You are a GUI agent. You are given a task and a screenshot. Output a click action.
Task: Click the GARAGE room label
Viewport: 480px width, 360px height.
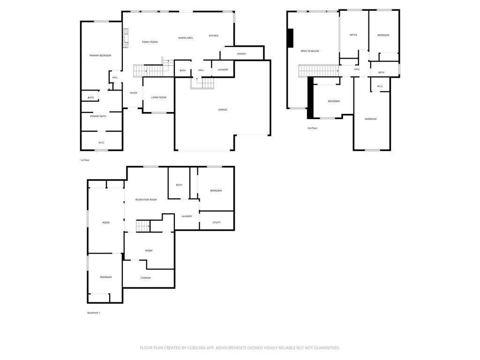click(223, 110)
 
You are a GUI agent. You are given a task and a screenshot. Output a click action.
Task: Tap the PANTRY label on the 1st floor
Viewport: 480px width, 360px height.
click(241, 54)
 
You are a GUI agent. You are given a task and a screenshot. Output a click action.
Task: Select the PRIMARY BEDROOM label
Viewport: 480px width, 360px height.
click(100, 56)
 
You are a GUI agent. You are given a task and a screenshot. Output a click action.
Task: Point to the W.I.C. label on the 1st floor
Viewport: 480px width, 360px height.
click(101, 142)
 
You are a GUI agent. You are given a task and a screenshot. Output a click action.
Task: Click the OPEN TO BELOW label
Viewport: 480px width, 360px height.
click(310, 51)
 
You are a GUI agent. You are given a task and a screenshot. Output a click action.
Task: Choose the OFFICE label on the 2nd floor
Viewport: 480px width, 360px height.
click(353, 35)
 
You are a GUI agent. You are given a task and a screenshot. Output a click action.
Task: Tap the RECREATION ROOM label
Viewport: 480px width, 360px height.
click(146, 200)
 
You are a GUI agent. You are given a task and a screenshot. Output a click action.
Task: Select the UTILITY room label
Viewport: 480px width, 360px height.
click(217, 223)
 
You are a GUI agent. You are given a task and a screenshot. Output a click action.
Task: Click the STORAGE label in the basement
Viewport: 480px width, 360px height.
click(146, 278)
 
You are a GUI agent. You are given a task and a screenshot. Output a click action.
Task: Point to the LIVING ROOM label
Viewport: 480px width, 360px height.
click(158, 97)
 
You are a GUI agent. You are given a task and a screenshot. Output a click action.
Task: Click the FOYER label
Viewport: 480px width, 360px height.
click(134, 93)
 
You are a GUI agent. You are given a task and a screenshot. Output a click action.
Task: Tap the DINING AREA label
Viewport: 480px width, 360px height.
click(185, 38)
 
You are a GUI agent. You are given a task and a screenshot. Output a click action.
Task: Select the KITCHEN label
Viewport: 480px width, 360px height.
click(213, 36)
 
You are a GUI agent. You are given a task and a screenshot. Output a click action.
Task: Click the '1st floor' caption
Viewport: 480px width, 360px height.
click(84, 160)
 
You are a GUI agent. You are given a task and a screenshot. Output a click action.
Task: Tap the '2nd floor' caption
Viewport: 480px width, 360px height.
click(312, 128)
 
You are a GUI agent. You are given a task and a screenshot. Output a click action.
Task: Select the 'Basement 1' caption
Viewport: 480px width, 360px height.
click(94, 313)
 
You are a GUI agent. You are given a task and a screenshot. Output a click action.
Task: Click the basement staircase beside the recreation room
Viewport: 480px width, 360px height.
click(142, 226)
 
